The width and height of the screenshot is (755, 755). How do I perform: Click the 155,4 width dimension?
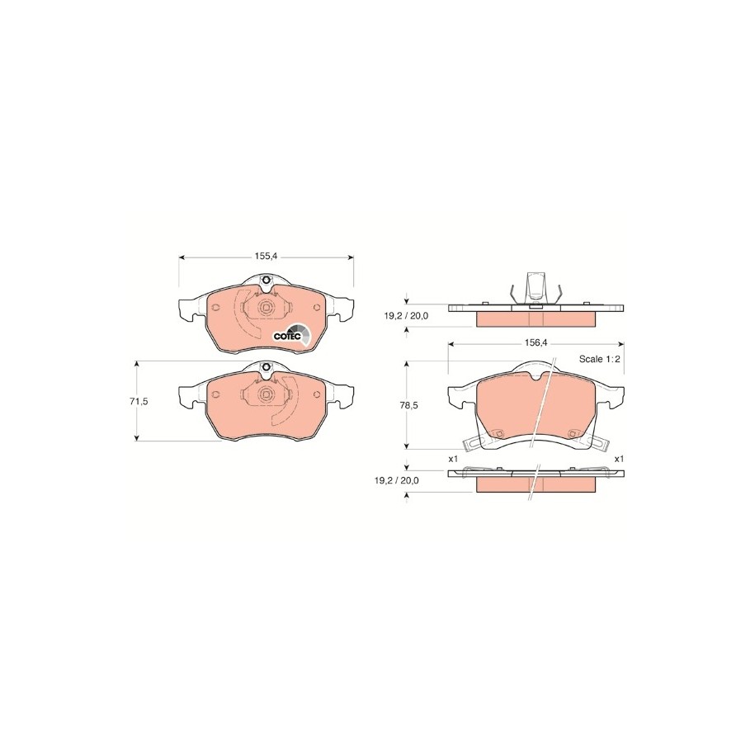(x=267, y=257)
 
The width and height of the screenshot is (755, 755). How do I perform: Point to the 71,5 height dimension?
(x=139, y=401)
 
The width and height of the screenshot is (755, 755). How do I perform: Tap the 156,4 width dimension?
(x=536, y=342)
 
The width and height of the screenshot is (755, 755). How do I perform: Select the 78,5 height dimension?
(x=408, y=405)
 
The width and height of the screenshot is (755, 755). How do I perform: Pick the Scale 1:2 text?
(x=598, y=359)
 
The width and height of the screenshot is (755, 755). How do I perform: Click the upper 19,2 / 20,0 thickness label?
(x=406, y=316)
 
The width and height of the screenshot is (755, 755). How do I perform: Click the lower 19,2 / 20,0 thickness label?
(x=396, y=480)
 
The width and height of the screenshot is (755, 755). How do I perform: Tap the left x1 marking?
(x=452, y=459)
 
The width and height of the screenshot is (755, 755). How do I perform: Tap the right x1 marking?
(x=619, y=459)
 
